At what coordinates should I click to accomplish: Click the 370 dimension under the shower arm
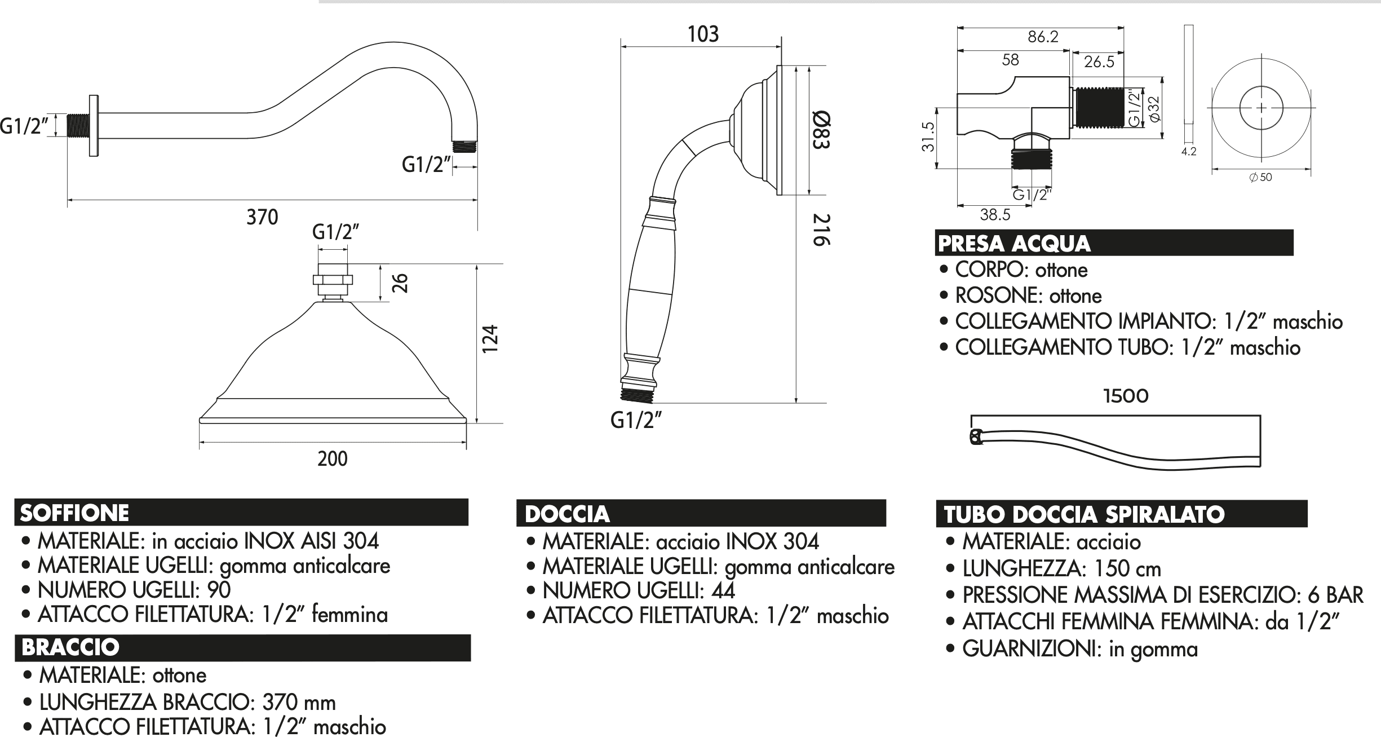tap(262, 217)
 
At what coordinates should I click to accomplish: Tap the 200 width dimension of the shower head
tap(333, 459)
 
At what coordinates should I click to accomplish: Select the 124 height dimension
tap(490, 339)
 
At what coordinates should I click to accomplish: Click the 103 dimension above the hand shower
tap(703, 34)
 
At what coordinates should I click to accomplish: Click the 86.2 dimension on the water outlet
tap(1043, 37)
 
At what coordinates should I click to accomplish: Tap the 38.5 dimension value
tap(995, 215)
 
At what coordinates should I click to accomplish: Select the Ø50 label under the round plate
tap(1260, 177)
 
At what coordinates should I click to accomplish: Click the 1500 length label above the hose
tap(1126, 396)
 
